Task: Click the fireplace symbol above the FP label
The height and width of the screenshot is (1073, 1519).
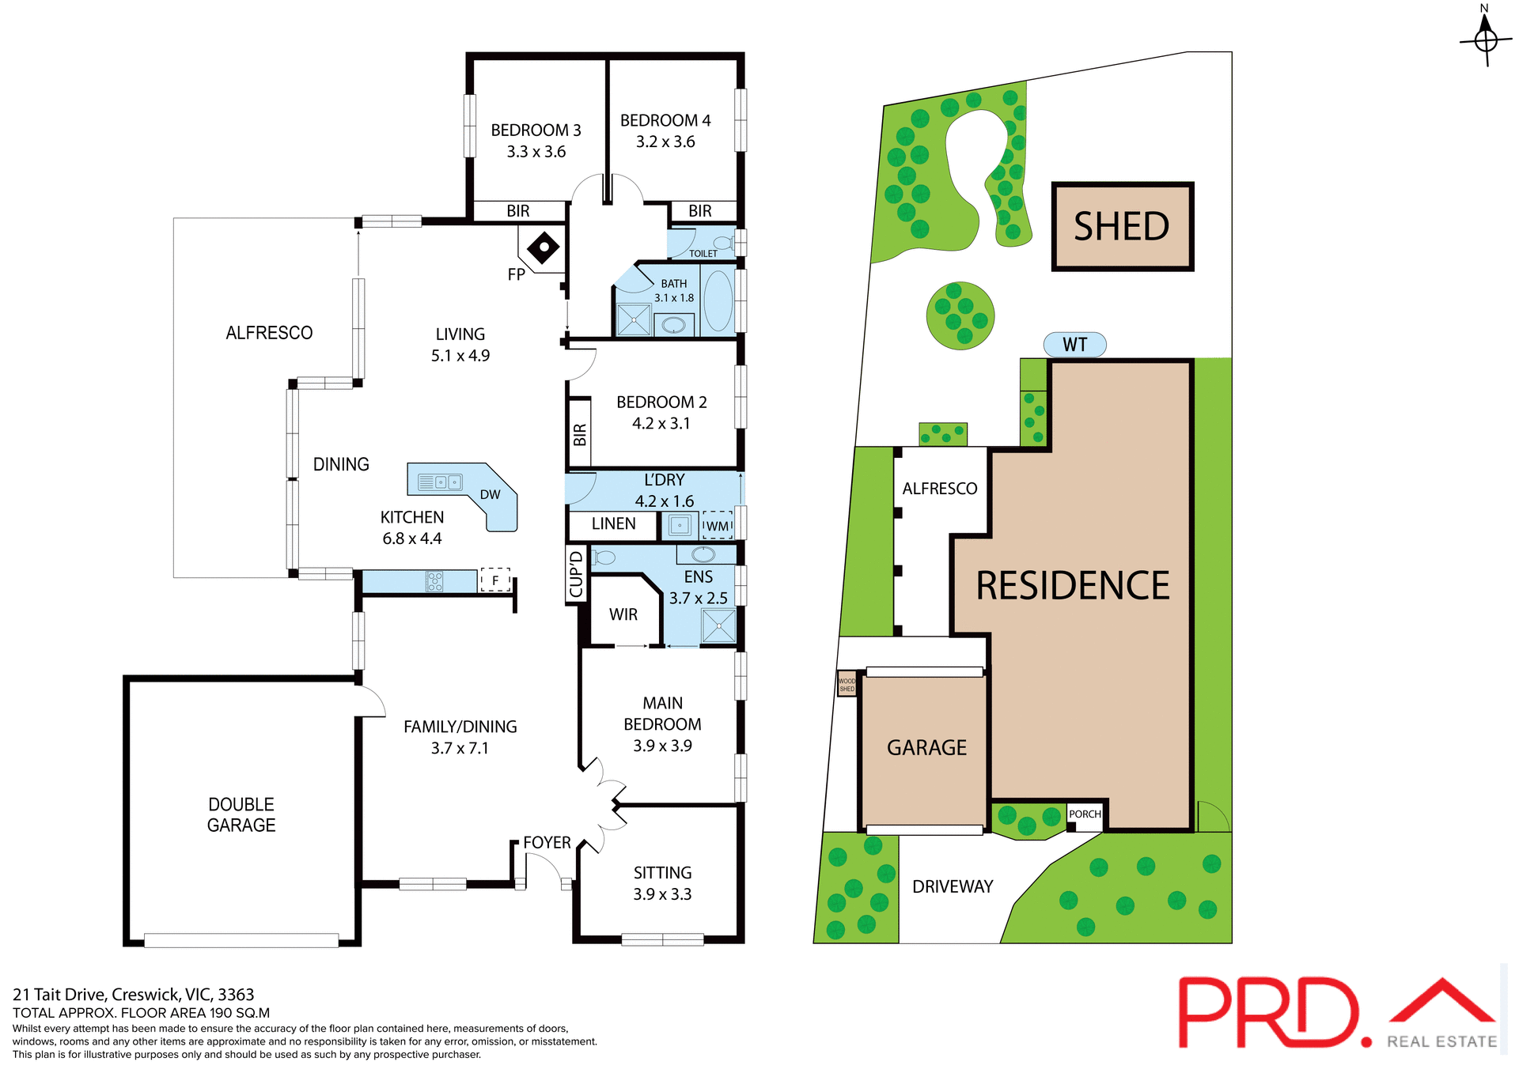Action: (x=544, y=248)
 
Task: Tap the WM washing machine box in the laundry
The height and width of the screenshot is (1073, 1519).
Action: (x=718, y=526)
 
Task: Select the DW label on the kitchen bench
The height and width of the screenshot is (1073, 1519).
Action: (x=491, y=495)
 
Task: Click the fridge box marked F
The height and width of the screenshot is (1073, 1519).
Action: (x=495, y=580)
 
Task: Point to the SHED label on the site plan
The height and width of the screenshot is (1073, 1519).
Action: (x=1121, y=227)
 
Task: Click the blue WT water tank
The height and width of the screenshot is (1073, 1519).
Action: (x=1074, y=345)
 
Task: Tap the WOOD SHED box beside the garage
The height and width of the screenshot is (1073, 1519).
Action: (x=847, y=684)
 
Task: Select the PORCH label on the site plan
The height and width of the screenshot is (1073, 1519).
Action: (x=1085, y=814)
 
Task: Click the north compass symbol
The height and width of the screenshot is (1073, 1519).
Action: (x=1485, y=39)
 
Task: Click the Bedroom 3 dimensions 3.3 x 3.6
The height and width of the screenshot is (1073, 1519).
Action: (x=536, y=152)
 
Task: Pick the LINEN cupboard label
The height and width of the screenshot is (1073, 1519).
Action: (x=613, y=524)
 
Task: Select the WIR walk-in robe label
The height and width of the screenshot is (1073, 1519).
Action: (x=623, y=614)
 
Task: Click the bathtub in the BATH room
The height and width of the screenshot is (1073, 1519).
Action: (x=718, y=301)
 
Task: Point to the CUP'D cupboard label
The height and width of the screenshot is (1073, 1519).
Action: (x=576, y=575)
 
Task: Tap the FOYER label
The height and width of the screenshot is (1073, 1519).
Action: (x=547, y=843)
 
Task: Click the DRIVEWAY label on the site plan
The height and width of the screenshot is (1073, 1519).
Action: (x=953, y=887)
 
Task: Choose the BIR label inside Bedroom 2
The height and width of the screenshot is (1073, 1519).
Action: (x=580, y=435)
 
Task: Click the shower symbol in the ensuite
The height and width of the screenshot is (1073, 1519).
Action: (x=718, y=626)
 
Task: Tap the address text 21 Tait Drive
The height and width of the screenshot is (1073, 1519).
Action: (x=133, y=995)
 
